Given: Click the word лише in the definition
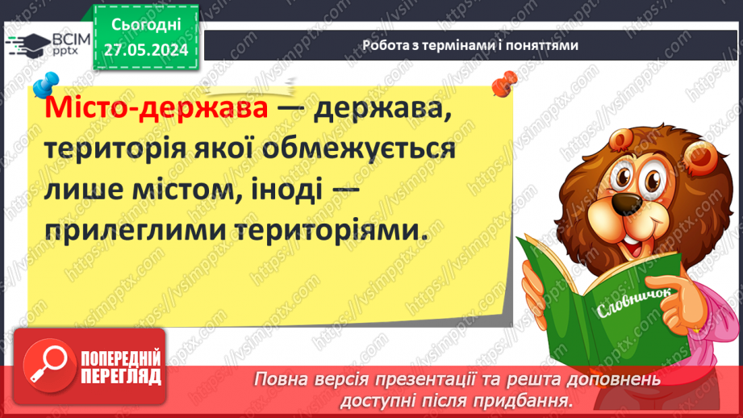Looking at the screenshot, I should [81, 191].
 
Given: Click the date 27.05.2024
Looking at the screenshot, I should [144, 50].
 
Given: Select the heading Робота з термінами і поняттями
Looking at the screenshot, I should [470, 46].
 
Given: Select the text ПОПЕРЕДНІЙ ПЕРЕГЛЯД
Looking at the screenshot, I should [121, 367].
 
